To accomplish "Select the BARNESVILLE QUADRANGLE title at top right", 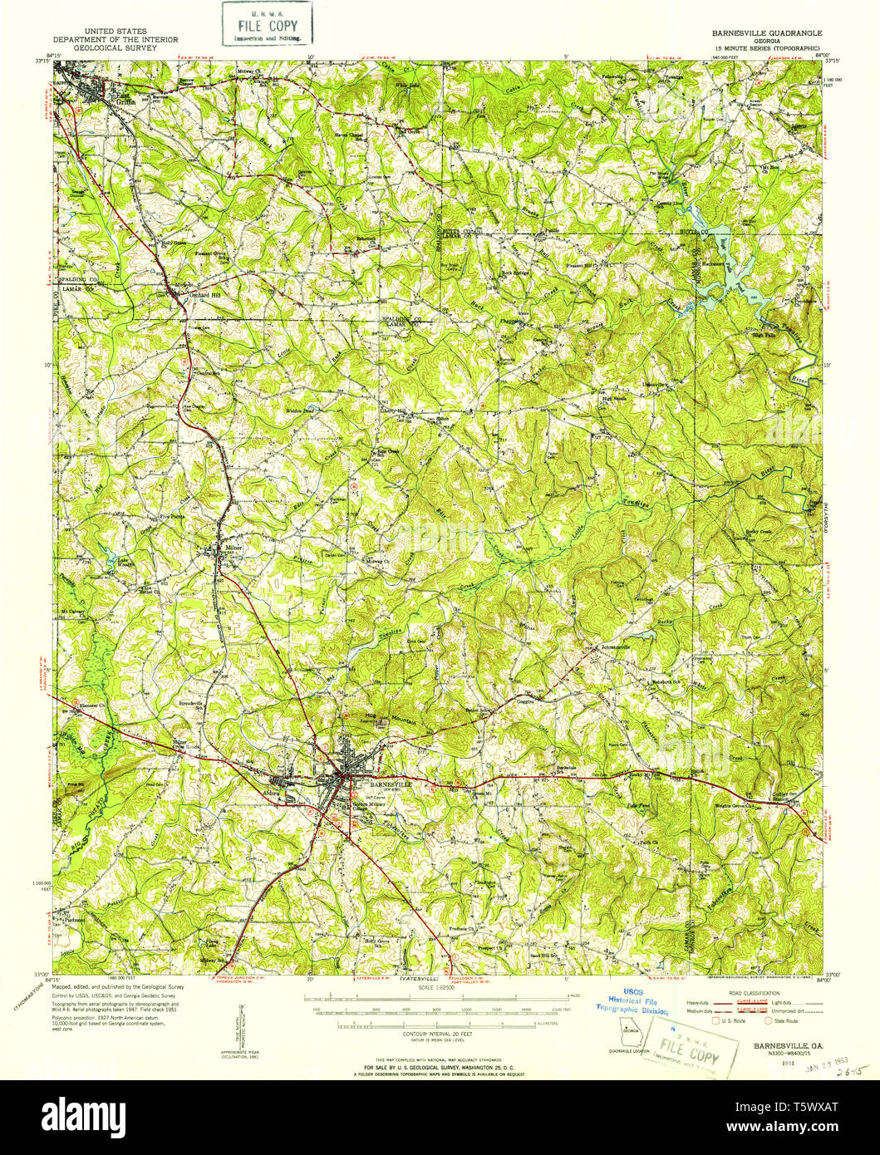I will coord(765,33).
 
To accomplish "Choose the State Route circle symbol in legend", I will coord(769,1020).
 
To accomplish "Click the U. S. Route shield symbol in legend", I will coord(703,1020).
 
